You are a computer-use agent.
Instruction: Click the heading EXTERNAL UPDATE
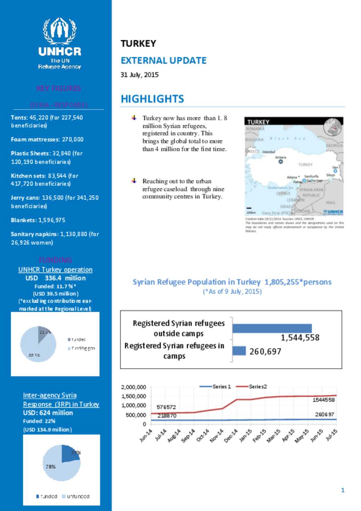tap(164, 61)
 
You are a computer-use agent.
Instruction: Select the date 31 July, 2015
tap(140, 75)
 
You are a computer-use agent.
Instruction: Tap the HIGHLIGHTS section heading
tap(152, 99)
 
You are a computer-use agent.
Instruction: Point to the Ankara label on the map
tap(281, 157)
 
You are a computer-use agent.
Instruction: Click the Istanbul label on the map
tap(269, 152)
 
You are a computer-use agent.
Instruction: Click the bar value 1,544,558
tap(300, 338)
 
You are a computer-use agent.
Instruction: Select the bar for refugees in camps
tap(239, 351)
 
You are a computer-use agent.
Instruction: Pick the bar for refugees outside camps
tap(272, 328)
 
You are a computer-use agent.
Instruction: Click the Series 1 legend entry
tap(215, 387)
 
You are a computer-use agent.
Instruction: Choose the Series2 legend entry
tap(252, 387)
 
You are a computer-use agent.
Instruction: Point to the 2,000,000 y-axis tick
tap(134, 387)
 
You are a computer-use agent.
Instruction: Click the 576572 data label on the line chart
tap(166, 407)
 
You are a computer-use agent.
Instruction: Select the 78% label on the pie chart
tap(50, 467)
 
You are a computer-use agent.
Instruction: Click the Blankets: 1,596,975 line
tap(38, 220)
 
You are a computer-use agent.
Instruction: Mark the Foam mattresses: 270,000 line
tap(47, 139)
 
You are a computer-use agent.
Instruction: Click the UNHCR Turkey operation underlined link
tap(55, 269)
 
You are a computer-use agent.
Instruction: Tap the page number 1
tap(343, 490)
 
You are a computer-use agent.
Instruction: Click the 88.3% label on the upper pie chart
tap(34, 355)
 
